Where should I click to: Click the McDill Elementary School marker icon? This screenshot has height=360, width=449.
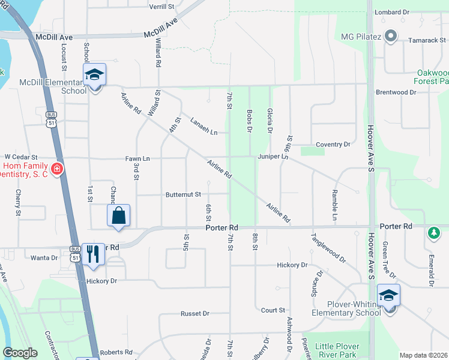coord(95,75)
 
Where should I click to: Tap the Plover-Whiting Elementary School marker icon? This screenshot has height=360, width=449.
coord(388,295)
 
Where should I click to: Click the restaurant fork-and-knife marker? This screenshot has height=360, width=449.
coord(93,254)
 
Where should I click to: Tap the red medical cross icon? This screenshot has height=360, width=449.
coord(57,170)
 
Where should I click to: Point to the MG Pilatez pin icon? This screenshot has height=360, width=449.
coord(391,37)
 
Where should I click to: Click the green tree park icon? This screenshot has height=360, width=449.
coord(433,232)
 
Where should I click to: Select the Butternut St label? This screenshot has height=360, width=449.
coord(183,194)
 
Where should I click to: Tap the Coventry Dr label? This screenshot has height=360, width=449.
coord(333,145)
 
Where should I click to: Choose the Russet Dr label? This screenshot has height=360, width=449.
coord(195,314)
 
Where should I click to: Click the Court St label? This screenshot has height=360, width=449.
coord(273,310)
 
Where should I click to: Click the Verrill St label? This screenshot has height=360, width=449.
coord(161,7)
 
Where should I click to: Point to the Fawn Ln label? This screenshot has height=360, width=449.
coord(137,158)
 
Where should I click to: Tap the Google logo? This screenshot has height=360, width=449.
coord(20,353)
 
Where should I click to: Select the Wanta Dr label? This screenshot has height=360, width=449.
coord(45,258)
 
